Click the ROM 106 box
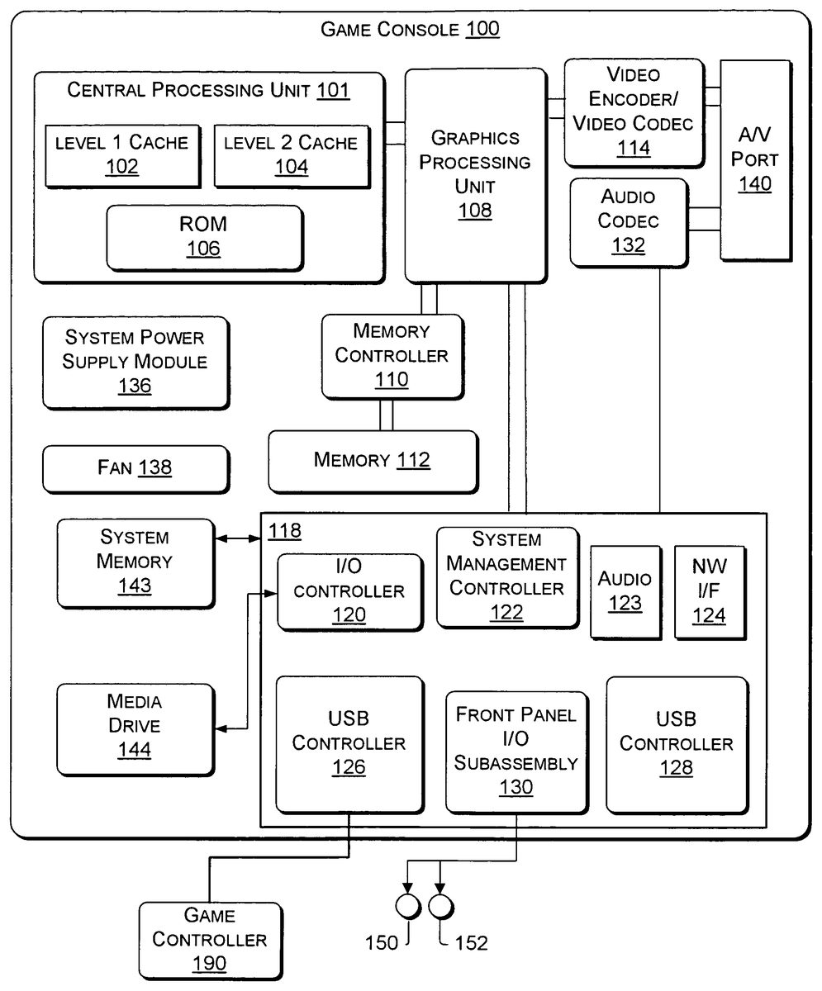tap(203, 236)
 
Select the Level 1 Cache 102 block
tap(121, 154)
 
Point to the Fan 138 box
tap(135, 468)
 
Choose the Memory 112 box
tap(372, 460)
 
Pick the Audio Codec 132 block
tap(628, 221)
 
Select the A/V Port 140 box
tap(755, 159)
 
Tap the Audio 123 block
tap(625, 591)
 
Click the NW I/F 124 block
tap(709, 591)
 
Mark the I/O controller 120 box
tap(349, 591)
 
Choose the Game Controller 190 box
tap(209, 939)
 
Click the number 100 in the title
tap(482, 31)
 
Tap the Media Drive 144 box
tap(134, 726)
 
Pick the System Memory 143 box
tap(134, 562)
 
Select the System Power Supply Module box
tap(135, 362)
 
